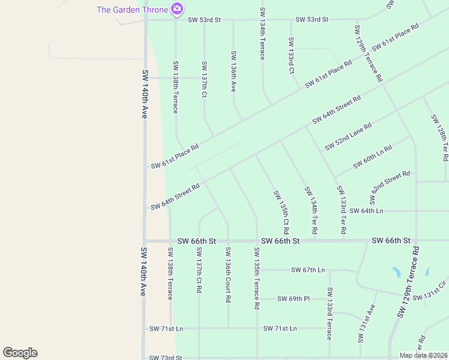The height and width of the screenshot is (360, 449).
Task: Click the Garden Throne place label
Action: point(132,9)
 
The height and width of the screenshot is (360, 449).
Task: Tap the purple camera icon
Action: point(176,8)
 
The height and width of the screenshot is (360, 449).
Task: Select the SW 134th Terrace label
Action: point(262,34)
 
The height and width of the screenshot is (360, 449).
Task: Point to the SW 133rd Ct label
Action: point(291,55)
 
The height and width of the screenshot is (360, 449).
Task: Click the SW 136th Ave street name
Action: point(234,71)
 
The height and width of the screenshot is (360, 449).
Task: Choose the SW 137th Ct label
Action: point(205,80)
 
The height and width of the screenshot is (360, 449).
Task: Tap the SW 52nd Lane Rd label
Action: point(348,137)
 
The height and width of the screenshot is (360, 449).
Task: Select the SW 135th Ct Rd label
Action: point(281,212)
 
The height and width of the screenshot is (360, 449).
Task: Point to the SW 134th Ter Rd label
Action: point(311,210)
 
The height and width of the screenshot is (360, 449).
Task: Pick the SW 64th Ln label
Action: point(366,211)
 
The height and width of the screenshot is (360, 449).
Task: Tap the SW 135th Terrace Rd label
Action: point(257,278)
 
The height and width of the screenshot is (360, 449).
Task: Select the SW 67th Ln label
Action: point(308,270)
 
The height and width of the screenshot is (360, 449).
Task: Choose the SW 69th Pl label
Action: point(294,298)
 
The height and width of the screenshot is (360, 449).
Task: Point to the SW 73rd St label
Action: point(166,358)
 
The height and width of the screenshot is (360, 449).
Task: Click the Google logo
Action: point(20,353)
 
